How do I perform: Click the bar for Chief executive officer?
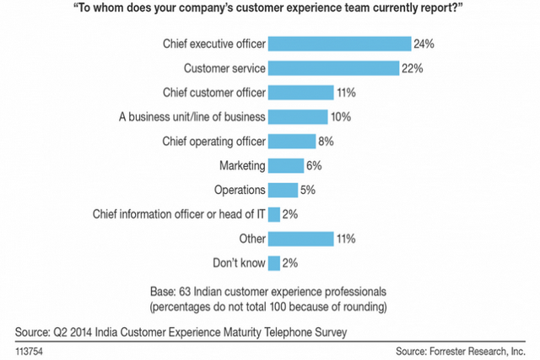339,43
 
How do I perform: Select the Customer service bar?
333,67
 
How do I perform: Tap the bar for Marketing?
285,165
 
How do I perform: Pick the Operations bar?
283,190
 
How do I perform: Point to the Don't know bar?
273,263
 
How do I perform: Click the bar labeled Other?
300,239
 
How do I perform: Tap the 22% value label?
413,67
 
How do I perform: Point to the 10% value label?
342,116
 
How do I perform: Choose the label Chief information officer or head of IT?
177,214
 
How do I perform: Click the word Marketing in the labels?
241,165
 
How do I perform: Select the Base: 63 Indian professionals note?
269,289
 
